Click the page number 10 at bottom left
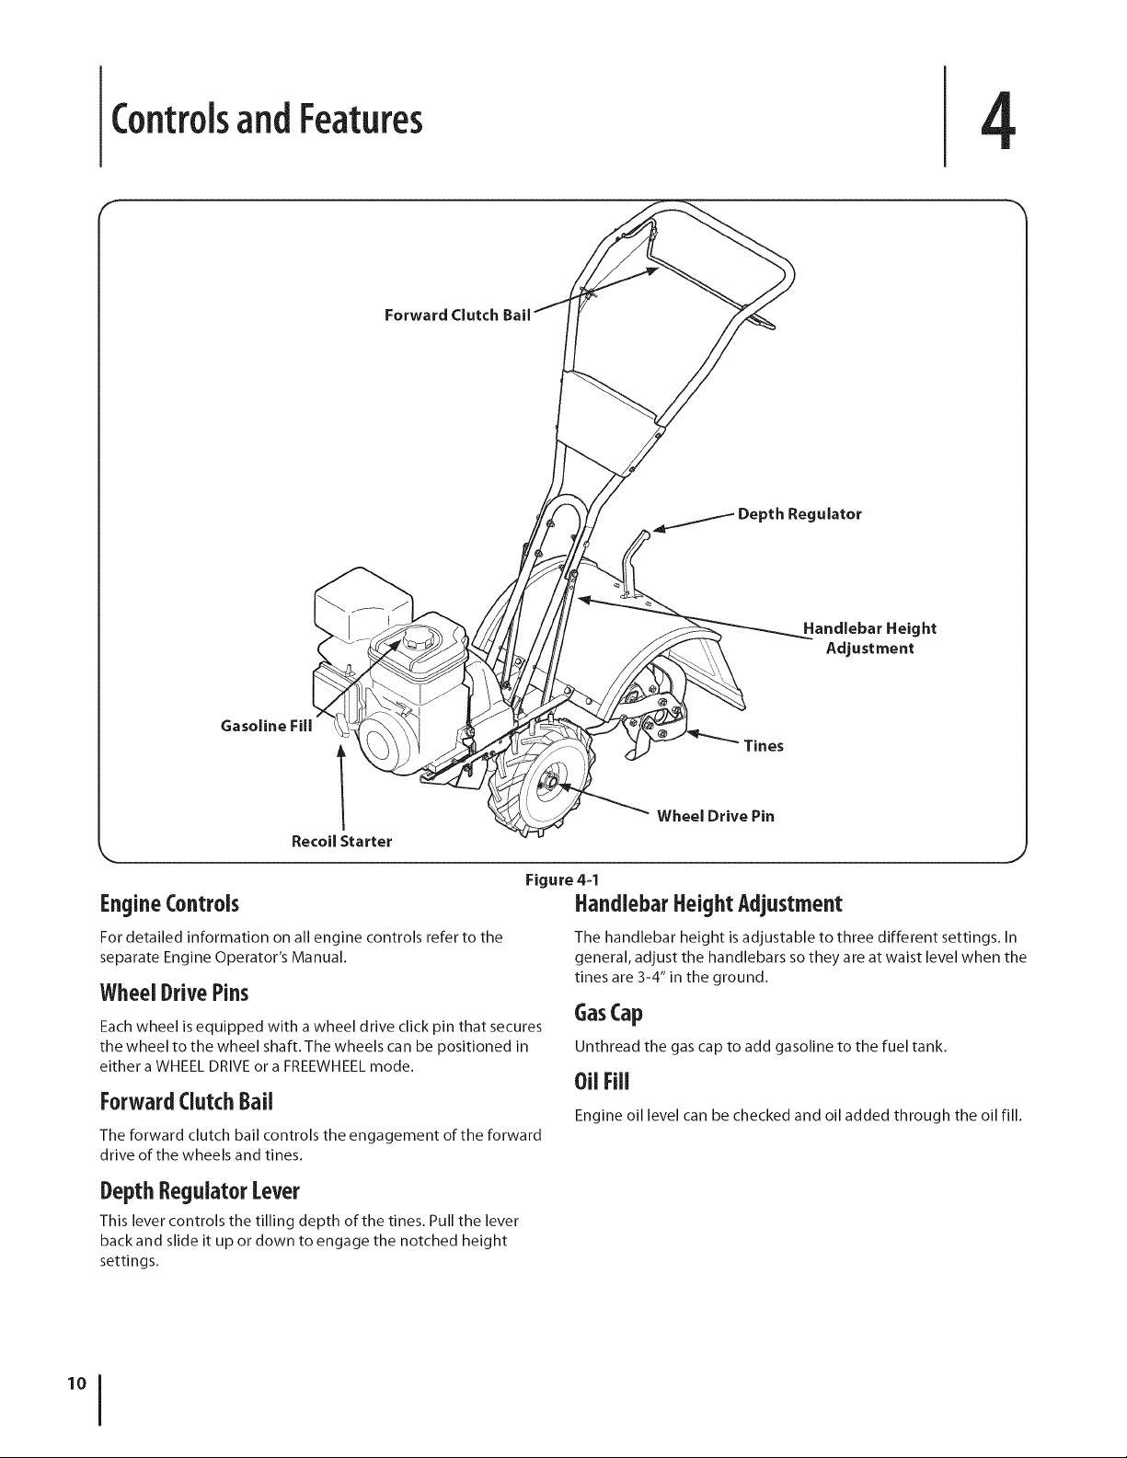tap(77, 1383)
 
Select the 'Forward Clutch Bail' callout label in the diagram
tap(457, 316)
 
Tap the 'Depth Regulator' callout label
tap(799, 514)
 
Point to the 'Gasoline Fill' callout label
tap(266, 726)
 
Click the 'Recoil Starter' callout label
tap(341, 842)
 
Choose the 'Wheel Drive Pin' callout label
tap(716, 816)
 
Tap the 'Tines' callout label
tap(764, 746)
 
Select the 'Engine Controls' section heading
tap(169, 904)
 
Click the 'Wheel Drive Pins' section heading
tap(174, 993)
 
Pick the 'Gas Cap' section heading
tap(608, 1013)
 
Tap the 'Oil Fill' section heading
tap(602, 1082)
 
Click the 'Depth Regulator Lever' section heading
tap(200, 1191)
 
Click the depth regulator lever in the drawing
tap(629, 564)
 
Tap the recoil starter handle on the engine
tap(340, 728)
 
